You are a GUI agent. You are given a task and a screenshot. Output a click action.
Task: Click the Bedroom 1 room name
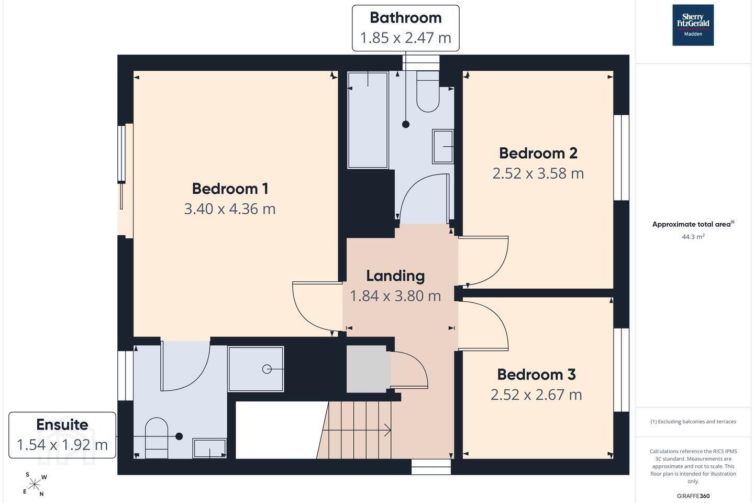tap(230, 189)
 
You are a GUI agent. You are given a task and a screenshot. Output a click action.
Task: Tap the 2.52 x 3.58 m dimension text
tap(538, 173)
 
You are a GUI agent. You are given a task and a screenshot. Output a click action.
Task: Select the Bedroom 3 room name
tap(537, 375)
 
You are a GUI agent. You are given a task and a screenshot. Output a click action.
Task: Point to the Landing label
tap(395, 276)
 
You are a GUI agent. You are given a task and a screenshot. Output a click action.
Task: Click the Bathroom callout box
tap(406, 28)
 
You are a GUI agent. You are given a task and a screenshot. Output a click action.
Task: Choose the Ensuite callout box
tap(62, 435)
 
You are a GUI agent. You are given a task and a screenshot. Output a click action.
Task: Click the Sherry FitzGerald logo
tap(693, 25)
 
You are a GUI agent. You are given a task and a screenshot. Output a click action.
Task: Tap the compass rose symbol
tap(35, 485)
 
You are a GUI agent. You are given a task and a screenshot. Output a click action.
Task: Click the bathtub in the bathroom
tap(368, 120)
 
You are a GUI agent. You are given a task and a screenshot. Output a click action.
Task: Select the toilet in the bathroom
tap(428, 92)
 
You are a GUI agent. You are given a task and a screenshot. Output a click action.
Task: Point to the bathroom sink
tap(443, 147)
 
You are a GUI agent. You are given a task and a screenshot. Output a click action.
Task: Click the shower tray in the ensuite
tap(256, 369)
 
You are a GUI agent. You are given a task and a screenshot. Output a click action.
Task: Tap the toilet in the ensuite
tap(157, 438)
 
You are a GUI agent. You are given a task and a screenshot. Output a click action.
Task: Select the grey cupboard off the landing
tap(367, 369)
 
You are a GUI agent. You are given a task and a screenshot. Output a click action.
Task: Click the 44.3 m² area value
tap(693, 236)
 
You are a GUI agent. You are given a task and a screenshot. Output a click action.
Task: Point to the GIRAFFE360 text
tap(693, 496)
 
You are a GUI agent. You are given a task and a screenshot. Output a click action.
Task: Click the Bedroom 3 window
tap(622, 370)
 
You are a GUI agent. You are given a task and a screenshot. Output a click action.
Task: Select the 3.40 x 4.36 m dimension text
tap(230, 209)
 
